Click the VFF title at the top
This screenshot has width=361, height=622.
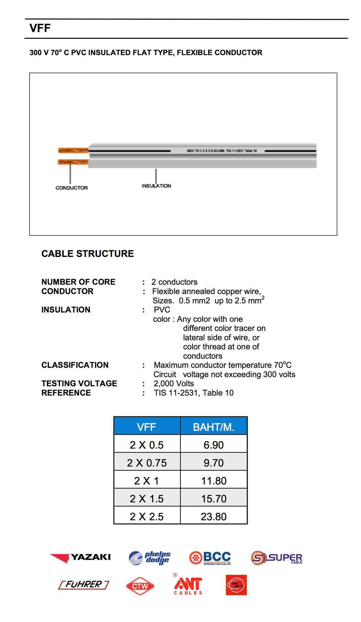(x=40, y=28)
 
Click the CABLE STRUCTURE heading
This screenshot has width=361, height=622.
(x=87, y=253)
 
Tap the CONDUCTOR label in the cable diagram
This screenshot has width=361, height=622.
(x=72, y=188)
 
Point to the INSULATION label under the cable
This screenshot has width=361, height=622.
(x=156, y=186)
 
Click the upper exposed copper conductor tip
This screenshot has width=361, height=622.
(x=73, y=150)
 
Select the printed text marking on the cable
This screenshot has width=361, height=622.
(x=222, y=150)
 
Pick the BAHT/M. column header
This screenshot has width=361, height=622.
(x=214, y=427)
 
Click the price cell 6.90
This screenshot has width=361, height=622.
(x=214, y=445)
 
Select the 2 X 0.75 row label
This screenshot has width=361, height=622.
(x=147, y=463)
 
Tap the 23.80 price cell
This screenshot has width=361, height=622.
(x=214, y=516)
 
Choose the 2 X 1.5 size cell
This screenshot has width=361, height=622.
(x=147, y=498)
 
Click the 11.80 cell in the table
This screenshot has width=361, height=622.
(x=214, y=481)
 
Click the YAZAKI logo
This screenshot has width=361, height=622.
(x=80, y=557)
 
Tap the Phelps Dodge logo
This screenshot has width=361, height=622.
(x=150, y=558)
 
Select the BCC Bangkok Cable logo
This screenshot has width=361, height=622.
(x=210, y=558)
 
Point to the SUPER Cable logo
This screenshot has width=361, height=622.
(x=277, y=558)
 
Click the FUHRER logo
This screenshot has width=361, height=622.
(x=84, y=585)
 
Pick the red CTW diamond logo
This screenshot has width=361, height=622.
(x=140, y=586)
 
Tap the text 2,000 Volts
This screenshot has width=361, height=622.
(x=174, y=384)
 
